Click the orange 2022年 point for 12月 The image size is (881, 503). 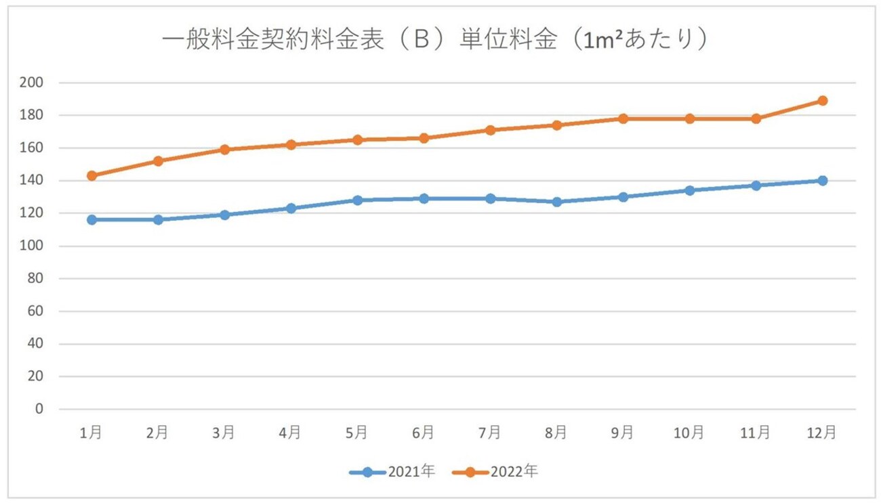822,101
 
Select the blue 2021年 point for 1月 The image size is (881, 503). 91,219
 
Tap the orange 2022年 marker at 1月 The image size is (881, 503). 91,175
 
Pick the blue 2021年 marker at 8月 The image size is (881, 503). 556,202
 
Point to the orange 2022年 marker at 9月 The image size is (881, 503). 623,118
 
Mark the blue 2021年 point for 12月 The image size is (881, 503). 822,181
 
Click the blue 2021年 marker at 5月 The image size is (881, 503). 357,200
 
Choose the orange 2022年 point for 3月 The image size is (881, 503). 224,150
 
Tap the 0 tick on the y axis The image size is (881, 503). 39,409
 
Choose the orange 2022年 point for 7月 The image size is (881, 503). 490,130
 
